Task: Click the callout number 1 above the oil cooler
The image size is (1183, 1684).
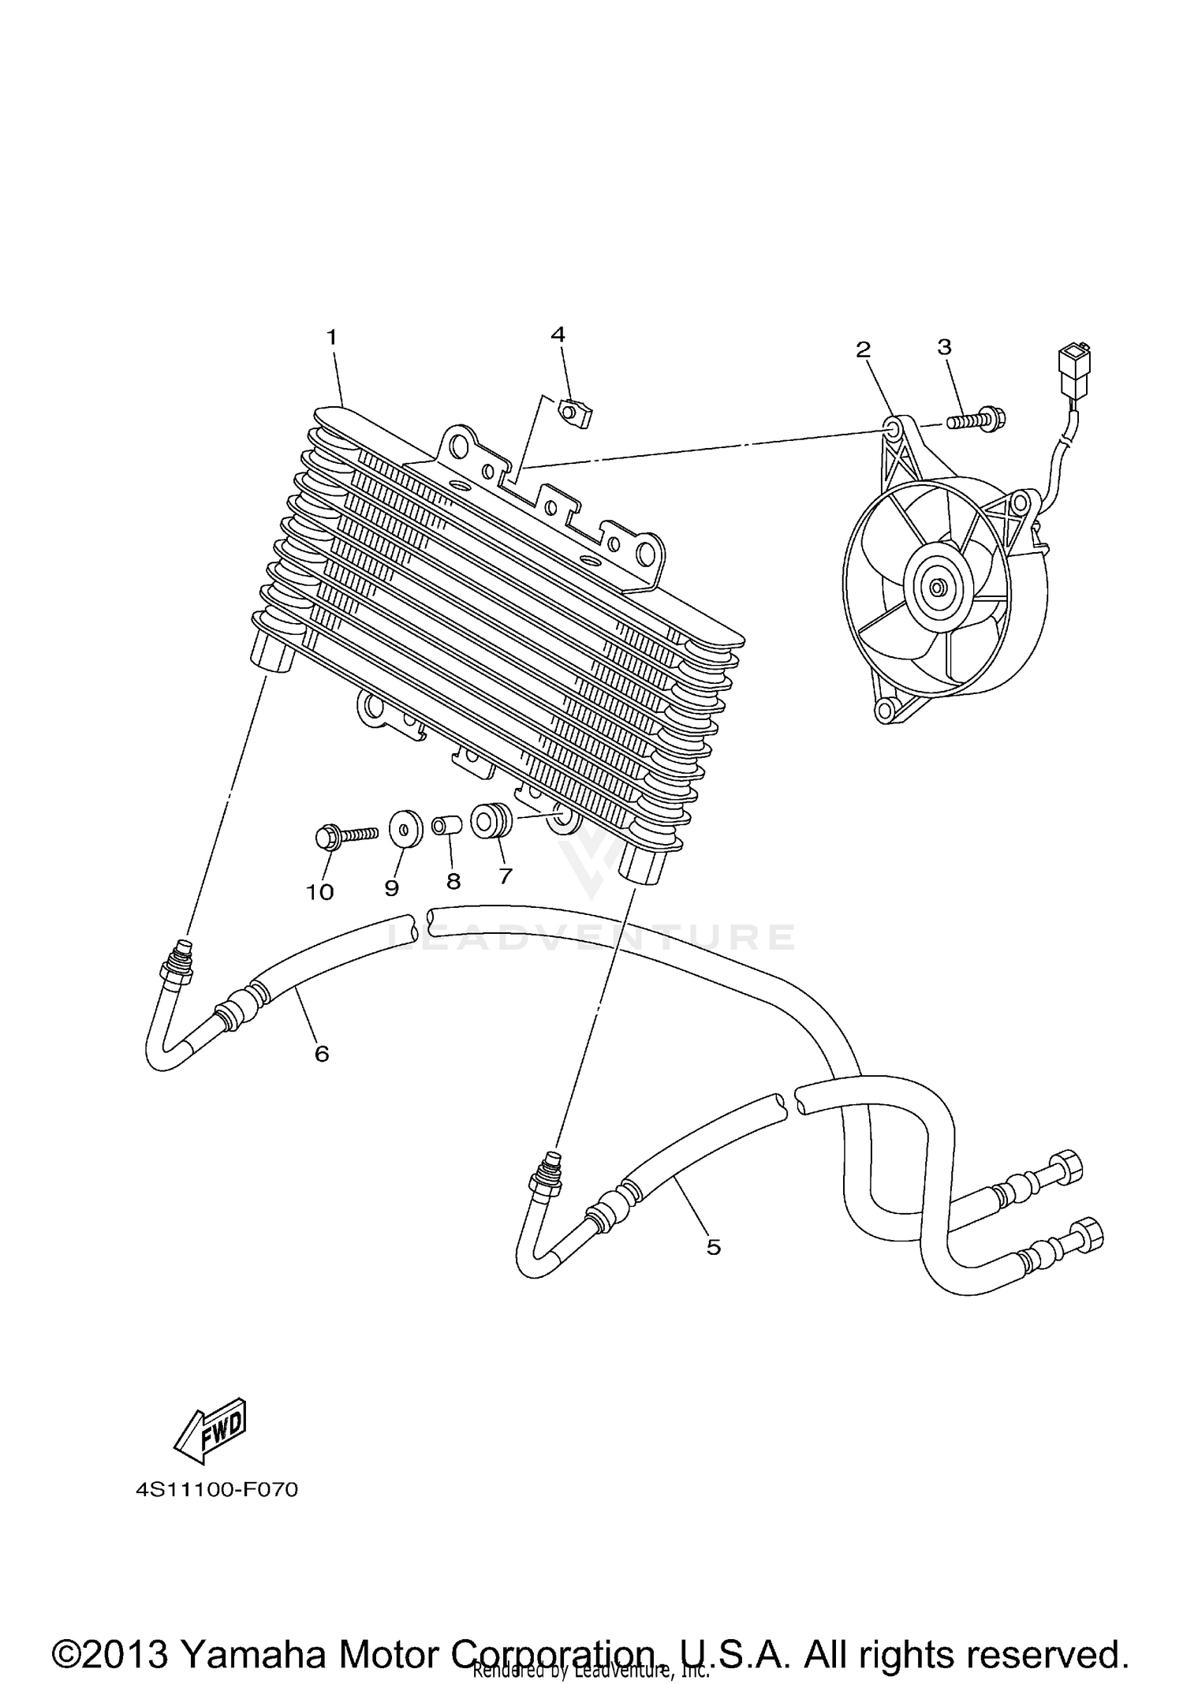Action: pos(332,338)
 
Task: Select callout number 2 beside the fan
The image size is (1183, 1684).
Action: pos(864,349)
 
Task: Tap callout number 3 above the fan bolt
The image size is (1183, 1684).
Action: pos(944,346)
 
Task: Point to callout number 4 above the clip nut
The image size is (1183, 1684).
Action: pos(558,334)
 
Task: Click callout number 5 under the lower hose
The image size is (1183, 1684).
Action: pos(713,1247)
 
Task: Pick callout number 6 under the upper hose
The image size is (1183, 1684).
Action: pos(322,1053)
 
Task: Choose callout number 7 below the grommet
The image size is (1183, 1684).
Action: pos(506,876)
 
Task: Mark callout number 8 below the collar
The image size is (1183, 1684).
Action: pos(453,881)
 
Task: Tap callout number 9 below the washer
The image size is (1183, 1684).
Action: pos(392,887)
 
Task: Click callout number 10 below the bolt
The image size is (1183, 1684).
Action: pos(320,892)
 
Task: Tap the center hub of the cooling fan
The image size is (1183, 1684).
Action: pos(937,587)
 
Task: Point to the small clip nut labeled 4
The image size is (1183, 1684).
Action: pos(577,413)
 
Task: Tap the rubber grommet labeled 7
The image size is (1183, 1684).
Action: pos(491,820)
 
